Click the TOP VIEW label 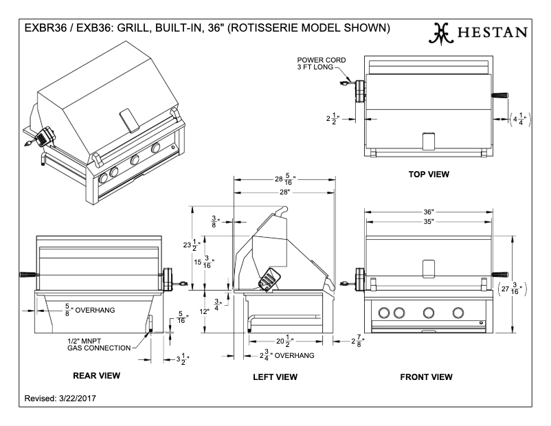coord(429,174)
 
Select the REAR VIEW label coord(96,375)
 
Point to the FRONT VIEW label coord(426,377)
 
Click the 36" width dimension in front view coord(428,212)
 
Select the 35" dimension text coord(428,223)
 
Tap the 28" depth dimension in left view coord(284,192)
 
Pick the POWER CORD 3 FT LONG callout coord(322,65)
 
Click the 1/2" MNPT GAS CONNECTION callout coord(98,344)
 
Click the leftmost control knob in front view coord(383,313)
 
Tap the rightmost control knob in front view coord(458,313)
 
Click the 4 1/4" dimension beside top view coord(520,117)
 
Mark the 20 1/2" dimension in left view coord(283,340)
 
